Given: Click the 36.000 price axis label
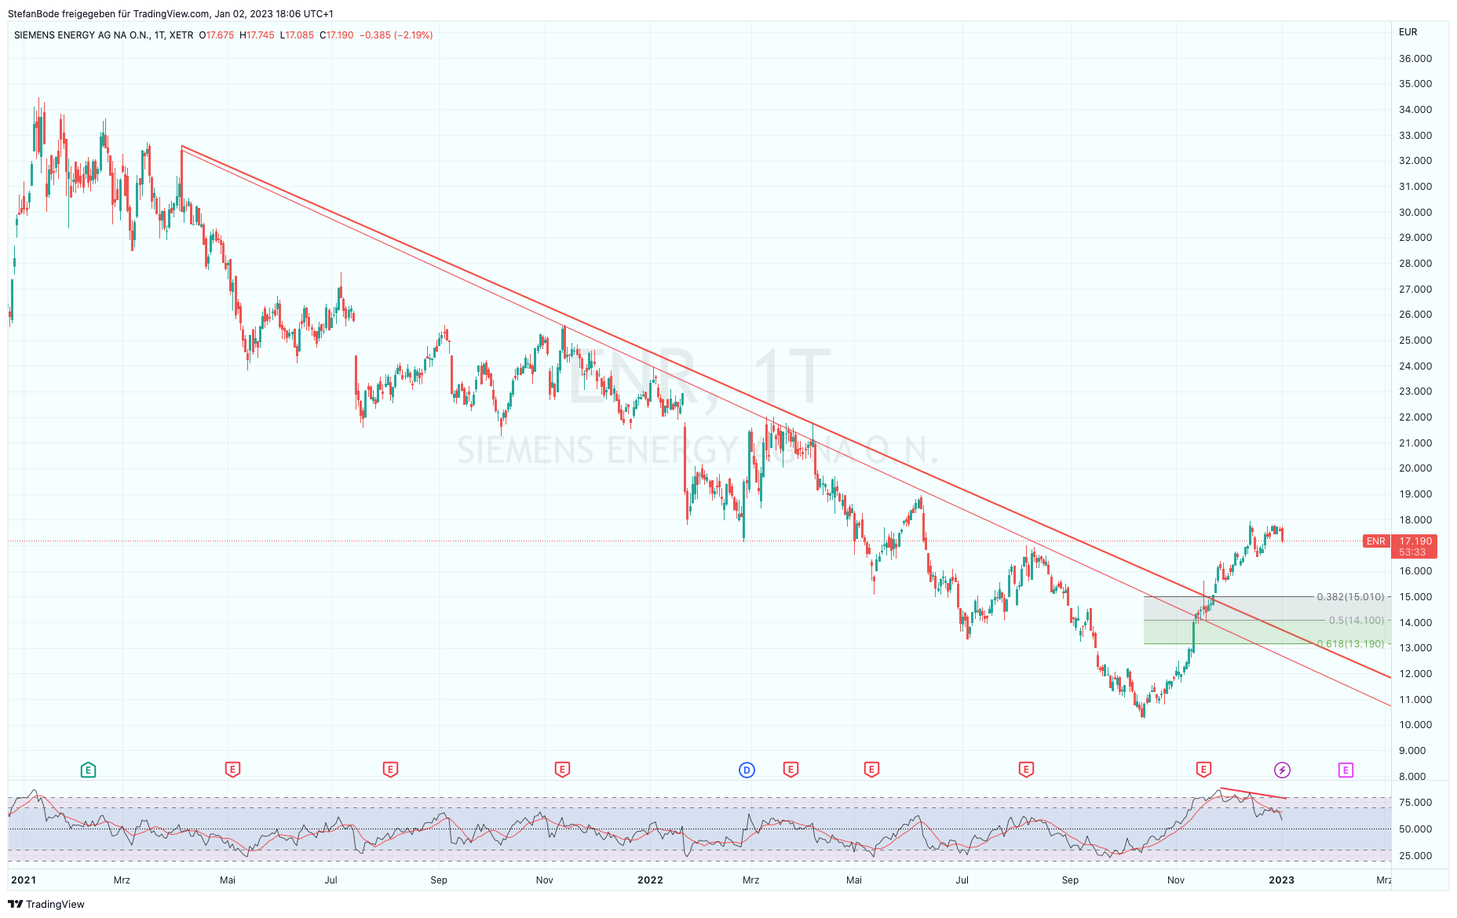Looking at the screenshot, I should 1415,59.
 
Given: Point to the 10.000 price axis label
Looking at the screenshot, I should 1415,725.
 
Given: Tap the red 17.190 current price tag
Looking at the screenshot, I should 1415,541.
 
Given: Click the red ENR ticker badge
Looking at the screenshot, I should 1375,541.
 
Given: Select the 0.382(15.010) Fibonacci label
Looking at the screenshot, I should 1350,597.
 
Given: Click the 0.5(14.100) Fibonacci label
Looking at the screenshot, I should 1356,621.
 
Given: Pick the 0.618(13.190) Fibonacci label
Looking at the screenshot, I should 1350,644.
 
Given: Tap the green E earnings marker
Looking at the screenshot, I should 88,770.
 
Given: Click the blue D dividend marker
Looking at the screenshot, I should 747,770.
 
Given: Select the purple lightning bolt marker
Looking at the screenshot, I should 1282,770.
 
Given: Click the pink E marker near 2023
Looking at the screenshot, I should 1346,770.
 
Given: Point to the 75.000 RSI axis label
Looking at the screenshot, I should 1415,803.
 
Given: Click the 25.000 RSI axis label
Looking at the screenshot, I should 1415,856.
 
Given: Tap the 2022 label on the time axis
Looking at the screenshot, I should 650,880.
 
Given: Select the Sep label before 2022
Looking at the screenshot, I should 439,880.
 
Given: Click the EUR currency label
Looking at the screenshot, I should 1408,32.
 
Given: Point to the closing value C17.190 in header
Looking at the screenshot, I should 337,35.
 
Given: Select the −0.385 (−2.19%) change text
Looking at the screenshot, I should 396,35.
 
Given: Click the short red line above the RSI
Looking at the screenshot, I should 1253,793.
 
